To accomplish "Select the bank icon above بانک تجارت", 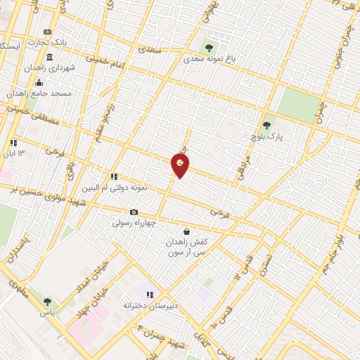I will pyautogui.click(x=47, y=32).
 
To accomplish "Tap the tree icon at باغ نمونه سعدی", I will pyautogui.click(x=209, y=48).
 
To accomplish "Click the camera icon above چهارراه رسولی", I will pyautogui.click(x=134, y=212).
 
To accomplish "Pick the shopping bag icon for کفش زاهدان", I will pyautogui.click(x=186, y=231).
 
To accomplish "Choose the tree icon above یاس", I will pyautogui.click(x=48, y=301).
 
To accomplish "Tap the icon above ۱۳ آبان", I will pyautogui.click(x=13, y=143).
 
